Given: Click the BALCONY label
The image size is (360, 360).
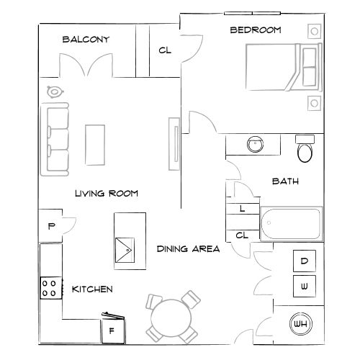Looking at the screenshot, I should pyautogui.click(x=86, y=40).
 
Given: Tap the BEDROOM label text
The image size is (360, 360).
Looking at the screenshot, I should pyautogui.click(x=255, y=30).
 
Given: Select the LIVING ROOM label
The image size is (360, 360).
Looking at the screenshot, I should pyautogui.click(x=107, y=194).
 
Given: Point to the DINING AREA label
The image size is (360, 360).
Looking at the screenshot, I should pyautogui.click(x=188, y=249).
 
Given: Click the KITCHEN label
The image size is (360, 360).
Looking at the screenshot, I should pyautogui.click(x=92, y=289).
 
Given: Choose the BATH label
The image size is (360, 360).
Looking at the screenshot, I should pyautogui.click(x=285, y=182).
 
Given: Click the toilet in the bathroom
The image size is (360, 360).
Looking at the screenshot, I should pyautogui.click(x=305, y=150).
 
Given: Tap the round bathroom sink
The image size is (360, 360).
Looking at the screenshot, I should pyautogui.click(x=255, y=144).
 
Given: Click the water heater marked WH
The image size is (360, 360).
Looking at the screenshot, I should pyautogui.click(x=300, y=325).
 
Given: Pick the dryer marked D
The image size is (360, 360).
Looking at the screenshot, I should pyautogui.click(x=304, y=261).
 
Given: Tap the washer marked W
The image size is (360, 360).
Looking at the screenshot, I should pyautogui.click(x=304, y=287).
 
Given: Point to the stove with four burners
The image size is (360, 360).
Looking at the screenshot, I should pyautogui.click(x=50, y=289).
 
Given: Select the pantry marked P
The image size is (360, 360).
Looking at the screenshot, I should pyautogui.click(x=51, y=225).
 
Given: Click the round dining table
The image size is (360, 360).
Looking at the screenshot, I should pyautogui.click(x=171, y=317).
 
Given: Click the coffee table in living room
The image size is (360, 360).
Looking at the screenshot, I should pyautogui.click(x=95, y=145).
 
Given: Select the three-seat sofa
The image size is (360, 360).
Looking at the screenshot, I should pyautogui.click(x=55, y=139).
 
